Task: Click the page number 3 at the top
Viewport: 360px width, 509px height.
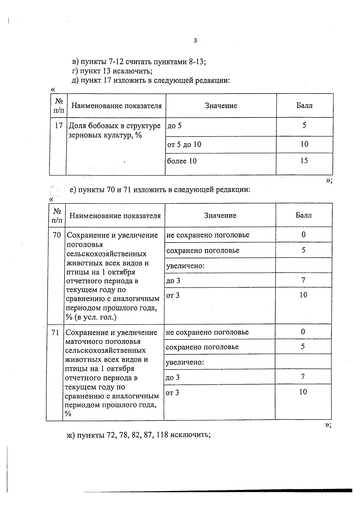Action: pos(195,40)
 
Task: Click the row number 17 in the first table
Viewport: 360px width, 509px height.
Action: pos(59,125)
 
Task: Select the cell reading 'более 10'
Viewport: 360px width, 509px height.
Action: pos(182,161)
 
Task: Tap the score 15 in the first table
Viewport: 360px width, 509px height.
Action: pos(304,160)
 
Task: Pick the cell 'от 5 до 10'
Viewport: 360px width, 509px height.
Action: pos(184,145)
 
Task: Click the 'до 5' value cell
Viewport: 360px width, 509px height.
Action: pos(174,126)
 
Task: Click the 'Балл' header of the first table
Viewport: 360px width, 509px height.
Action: pos(304,106)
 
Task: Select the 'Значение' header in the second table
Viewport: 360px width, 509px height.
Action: pos(220,215)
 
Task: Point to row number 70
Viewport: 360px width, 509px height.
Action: pos(57,235)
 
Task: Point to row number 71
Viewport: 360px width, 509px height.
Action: pos(55,332)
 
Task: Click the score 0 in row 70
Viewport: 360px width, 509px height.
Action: pos(304,235)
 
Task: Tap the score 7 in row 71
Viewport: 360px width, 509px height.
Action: pos(303,377)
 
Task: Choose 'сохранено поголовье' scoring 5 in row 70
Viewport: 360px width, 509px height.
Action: pos(203,250)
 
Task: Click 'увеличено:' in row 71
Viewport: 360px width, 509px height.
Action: pos(185,362)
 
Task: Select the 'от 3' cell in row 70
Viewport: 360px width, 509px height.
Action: pos(173,295)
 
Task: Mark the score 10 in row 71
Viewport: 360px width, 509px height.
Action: pos(303,392)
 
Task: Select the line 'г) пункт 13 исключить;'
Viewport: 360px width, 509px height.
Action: pos(112,71)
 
